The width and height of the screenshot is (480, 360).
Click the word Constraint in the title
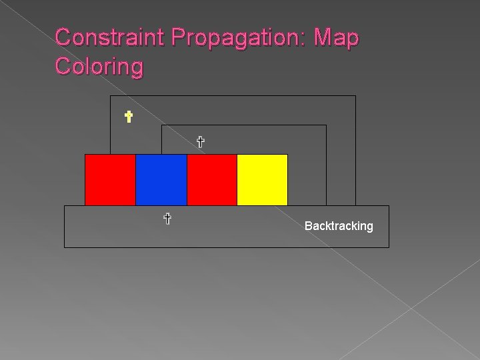[110, 37]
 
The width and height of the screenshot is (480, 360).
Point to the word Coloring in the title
[99, 67]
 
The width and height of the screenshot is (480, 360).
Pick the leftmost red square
[110, 179]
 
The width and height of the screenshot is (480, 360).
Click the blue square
[161, 179]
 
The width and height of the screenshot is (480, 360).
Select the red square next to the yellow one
[211, 179]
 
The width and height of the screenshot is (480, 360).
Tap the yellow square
[262, 179]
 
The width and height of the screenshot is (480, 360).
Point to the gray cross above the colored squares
[199, 141]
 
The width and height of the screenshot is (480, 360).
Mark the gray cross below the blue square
[167, 218]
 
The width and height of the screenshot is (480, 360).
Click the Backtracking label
[339, 226]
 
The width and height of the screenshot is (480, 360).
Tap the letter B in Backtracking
[308, 226]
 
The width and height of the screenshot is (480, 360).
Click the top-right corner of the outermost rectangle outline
[355, 96]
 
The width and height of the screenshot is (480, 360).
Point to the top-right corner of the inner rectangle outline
[326, 125]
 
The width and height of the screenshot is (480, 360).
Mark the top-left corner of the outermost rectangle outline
[111, 96]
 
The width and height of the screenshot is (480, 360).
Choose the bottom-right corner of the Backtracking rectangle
[389, 247]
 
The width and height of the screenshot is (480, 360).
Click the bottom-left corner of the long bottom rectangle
[64, 247]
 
